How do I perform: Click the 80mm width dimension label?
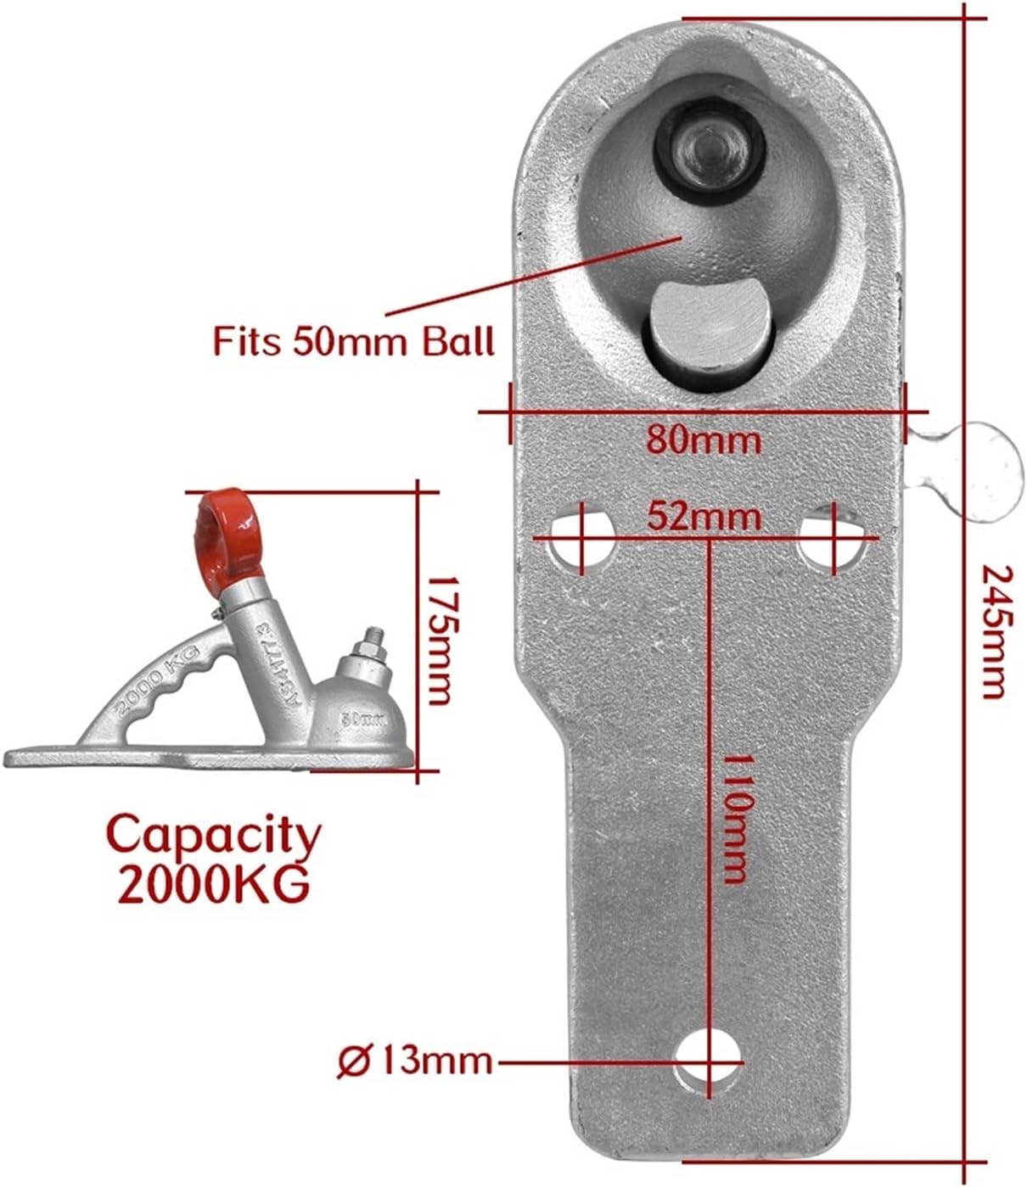(704, 440)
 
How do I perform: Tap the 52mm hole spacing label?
(704, 516)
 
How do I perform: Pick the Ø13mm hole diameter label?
(415, 1061)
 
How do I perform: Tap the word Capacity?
(214, 836)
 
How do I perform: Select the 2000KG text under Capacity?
(213, 886)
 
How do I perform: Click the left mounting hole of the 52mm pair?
(582, 539)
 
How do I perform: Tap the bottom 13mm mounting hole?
(710, 1061)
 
